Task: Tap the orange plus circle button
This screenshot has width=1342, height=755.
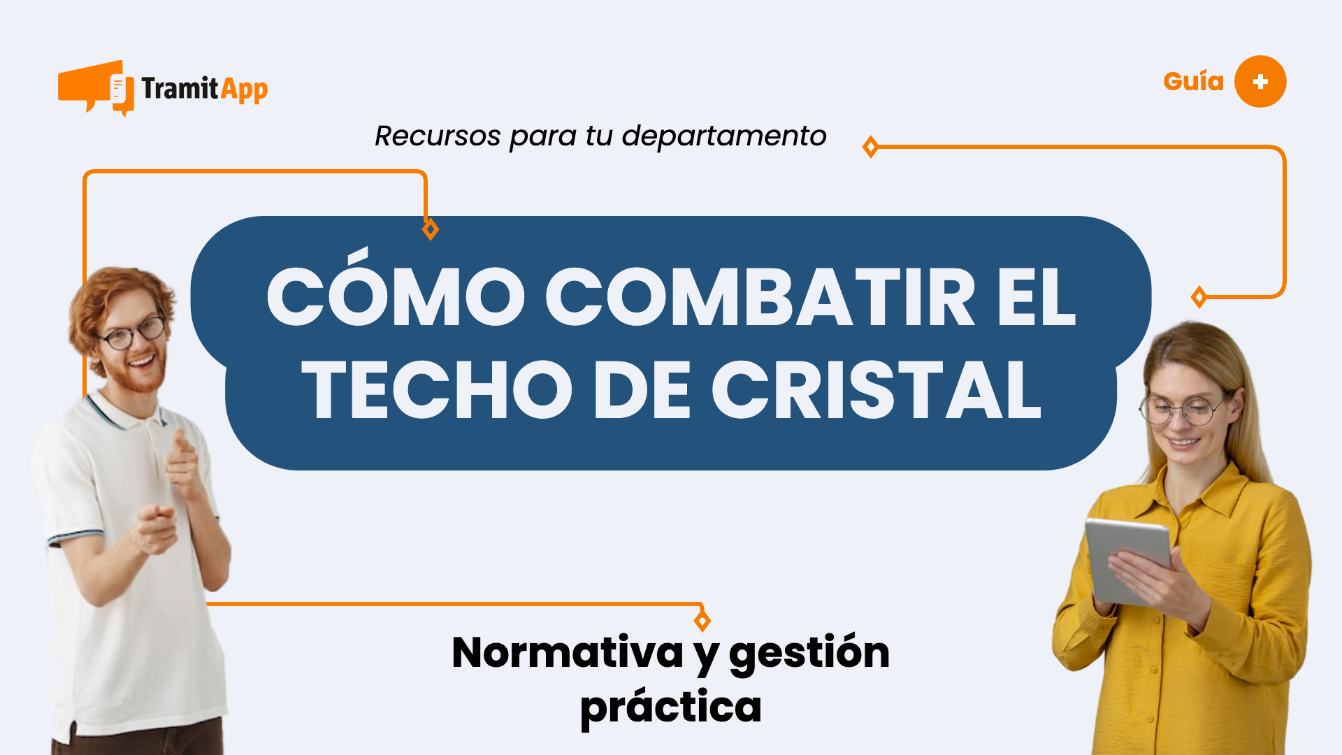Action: [x=1260, y=82]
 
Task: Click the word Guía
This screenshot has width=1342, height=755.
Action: [x=1193, y=82]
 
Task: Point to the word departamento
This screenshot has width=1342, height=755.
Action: [x=724, y=136]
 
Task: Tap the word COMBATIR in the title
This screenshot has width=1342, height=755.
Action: [x=760, y=297]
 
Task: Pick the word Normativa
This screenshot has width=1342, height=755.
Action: [x=567, y=653]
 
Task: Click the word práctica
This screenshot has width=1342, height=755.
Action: [x=670, y=707]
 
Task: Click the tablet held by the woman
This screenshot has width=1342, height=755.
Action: [x=1127, y=559]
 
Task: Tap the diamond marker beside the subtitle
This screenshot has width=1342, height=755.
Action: [x=870, y=147]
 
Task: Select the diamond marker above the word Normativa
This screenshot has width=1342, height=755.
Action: [x=702, y=620]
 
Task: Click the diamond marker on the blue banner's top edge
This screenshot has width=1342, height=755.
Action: [x=431, y=229]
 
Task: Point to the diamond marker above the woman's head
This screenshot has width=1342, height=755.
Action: [x=1199, y=297]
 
